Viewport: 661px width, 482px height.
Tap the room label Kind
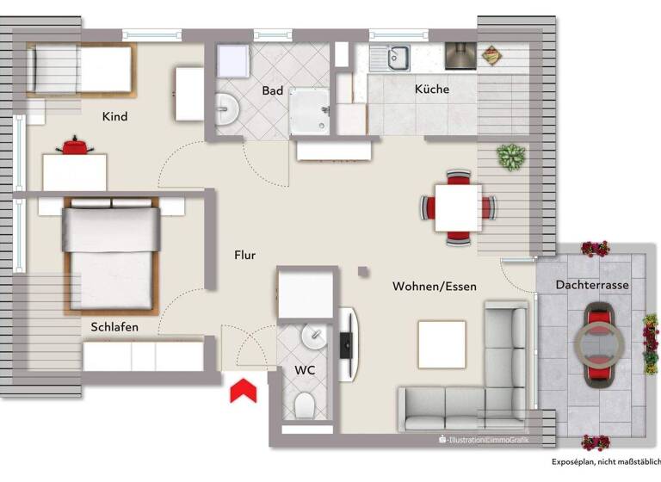tap(114, 116)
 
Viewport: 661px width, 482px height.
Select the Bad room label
tap(273, 90)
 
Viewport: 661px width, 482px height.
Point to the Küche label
tap(431, 90)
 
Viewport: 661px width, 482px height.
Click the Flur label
tap(245, 255)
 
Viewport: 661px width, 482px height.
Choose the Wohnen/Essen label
tap(434, 286)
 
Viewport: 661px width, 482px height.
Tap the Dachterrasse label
tap(591, 284)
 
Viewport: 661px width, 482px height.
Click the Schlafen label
tap(114, 327)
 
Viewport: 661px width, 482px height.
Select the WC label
tap(305, 370)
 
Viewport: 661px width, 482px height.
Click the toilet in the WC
tap(306, 405)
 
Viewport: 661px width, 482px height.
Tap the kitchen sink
tap(398, 58)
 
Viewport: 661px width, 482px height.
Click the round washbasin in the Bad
tap(227, 109)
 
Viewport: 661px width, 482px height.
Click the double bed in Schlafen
tap(110, 254)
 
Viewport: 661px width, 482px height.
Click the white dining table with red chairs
tap(457, 208)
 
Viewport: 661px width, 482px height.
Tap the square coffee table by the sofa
tap(442, 343)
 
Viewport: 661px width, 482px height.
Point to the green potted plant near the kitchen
tap(510, 157)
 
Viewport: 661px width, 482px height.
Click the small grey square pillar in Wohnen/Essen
tap(363, 271)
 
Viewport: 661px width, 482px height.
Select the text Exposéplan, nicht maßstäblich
tap(606, 462)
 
